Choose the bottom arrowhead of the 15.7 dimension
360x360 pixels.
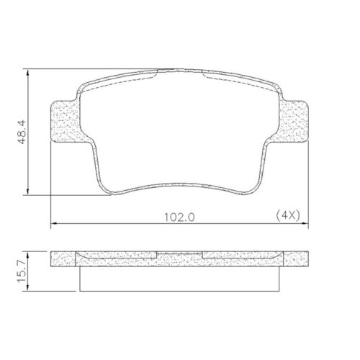coord(28,288)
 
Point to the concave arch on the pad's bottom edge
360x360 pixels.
coord(180,189)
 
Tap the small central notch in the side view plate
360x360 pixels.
coord(180,253)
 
